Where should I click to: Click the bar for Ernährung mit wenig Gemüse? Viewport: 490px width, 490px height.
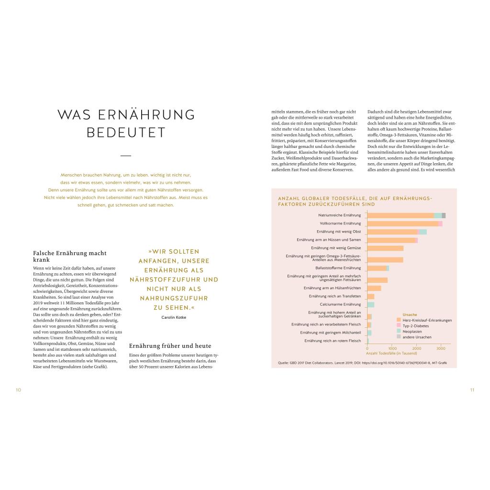pyautogui.click(x=385, y=248)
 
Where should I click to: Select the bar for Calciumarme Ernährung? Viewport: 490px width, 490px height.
pyautogui.click(x=371, y=304)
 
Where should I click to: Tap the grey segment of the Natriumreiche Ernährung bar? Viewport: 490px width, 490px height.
pyautogui.click(x=444, y=215)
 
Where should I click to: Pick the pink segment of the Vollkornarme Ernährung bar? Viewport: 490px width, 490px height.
pyautogui.click(x=440, y=223)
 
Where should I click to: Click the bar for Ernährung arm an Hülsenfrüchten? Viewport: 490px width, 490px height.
pyautogui.click(x=374, y=288)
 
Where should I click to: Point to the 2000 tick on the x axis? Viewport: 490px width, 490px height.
pyautogui.click(x=416, y=348)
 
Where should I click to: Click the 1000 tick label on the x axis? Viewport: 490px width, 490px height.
pyautogui.click(x=392, y=348)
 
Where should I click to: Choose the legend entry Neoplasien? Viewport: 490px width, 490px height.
pyautogui.click(x=412, y=331)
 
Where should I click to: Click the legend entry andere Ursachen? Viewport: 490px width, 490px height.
pyautogui.click(x=417, y=337)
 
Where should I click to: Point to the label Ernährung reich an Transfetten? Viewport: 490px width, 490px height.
pyautogui.click(x=335, y=296)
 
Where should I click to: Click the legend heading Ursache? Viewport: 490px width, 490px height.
pyautogui.click(x=410, y=314)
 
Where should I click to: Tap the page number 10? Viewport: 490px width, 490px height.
pyautogui.click(x=18, y=390)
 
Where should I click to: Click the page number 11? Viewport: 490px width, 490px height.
pyautogui.click(x=472, y=390)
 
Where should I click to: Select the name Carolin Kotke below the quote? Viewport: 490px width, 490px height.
pyautogui.click(x=174, y=317)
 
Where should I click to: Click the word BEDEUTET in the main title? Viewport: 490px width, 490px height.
pyautogui.click(x=126, y=133)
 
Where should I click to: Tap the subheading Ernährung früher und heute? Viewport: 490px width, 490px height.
pyautogui.click(x=170, y=345)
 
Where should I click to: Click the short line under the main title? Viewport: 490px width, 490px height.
pyautogui.click(x=126, y=156)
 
